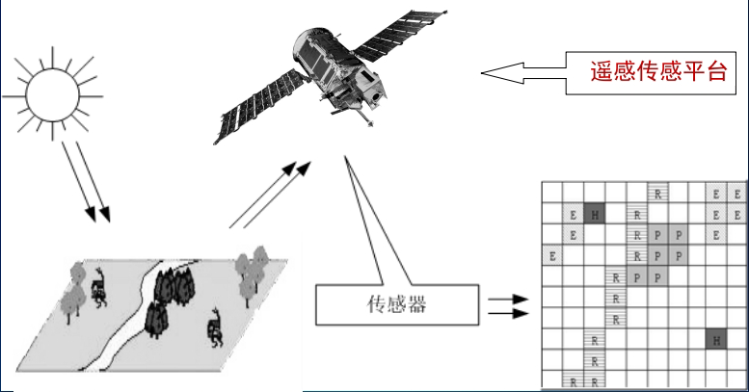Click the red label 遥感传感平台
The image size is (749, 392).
click(x=656, y=72)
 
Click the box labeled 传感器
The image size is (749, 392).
click(x=397, y=305)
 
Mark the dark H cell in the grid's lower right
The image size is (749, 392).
click(x=715, y=339)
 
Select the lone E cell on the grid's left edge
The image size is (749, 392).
click(x=551, y=256)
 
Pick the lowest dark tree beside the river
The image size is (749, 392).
click(x=154, y=317)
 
